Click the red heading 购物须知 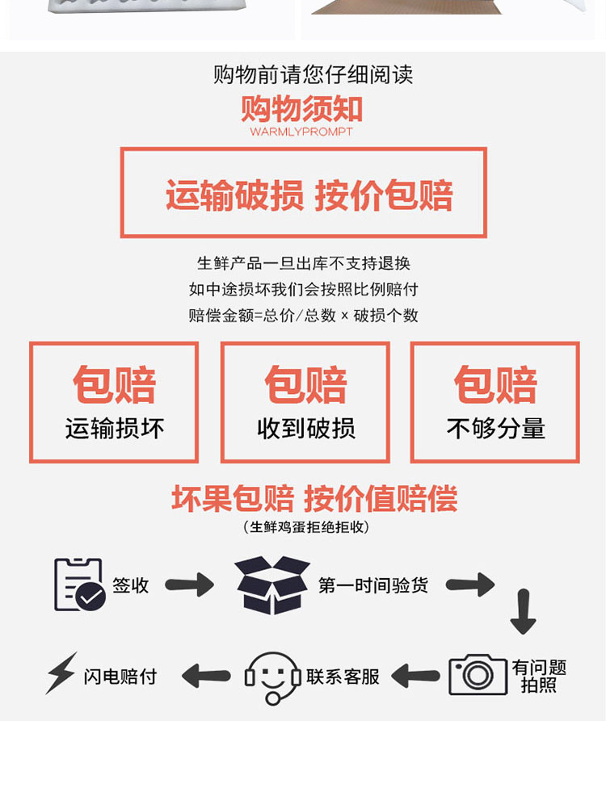pos(302,109)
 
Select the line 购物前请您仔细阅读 pos(313,75)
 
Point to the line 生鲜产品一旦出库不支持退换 pos(304,263)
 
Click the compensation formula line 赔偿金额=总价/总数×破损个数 pos(304,316)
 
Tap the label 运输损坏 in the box pos(115,428)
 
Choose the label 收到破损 pos(305,428)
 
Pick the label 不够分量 pos(495,428)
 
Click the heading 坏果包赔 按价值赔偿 pos(314,498)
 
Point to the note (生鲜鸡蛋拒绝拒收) pos(306,527)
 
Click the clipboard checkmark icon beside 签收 pos(78,585)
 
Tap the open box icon pos(272,585)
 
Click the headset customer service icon pos(272,677)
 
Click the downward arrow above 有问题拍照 pos(523,611)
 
